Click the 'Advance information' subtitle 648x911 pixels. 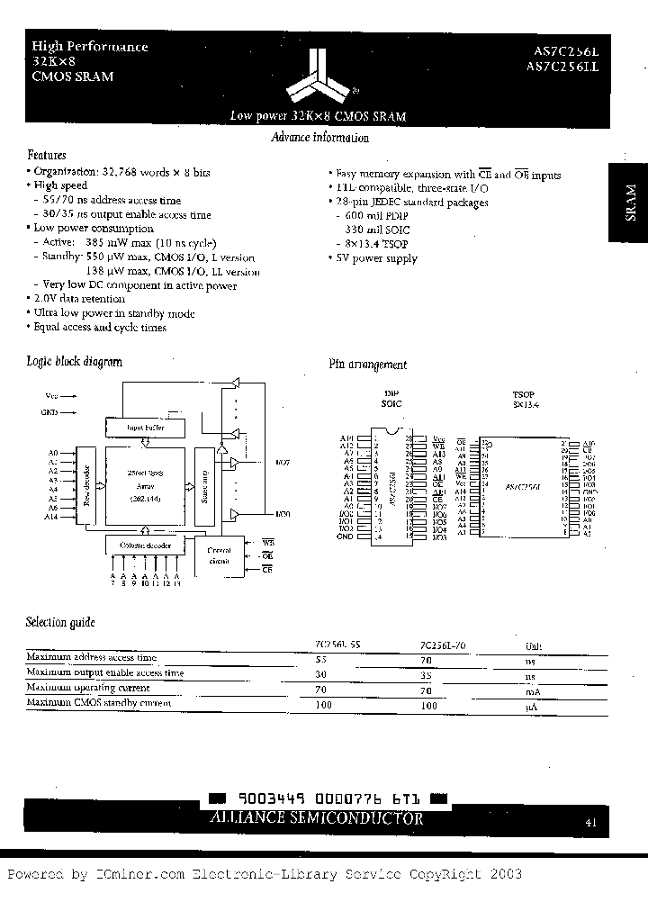click(x=319, y=138)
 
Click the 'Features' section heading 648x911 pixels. click(x=47, y=155)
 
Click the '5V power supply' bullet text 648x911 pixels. click(x=375, y=258)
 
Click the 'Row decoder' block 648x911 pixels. click(x=87, y=486)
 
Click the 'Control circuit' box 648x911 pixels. click(x=219, y=555)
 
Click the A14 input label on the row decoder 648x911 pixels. click(x=52, y=517)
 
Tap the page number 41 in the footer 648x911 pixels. click(x=589, y=821)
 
